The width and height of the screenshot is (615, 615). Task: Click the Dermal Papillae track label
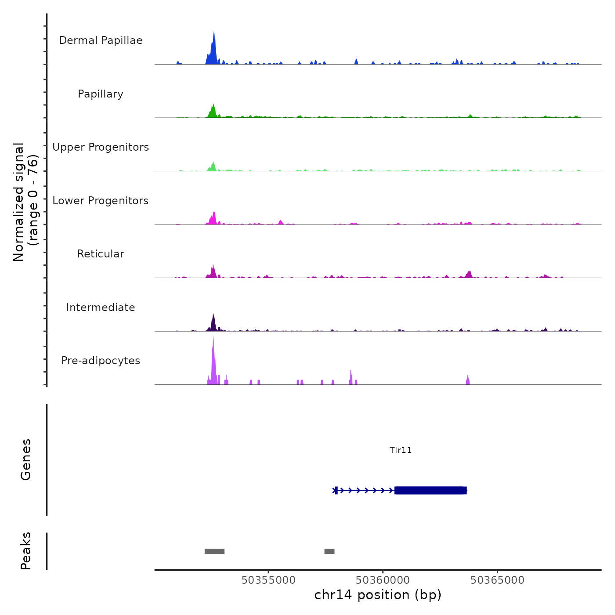[x=101, y=40]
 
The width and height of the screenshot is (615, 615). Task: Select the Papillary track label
[x=101, y=94]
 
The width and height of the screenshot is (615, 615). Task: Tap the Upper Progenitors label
[x=101, y=147]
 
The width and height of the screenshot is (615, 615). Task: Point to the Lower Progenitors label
[x=101, y=201]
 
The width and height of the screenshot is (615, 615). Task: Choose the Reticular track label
[x=101, y=254]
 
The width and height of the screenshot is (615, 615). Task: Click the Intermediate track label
[x=101, y=307]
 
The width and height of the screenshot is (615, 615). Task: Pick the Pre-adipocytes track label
[x=101, y=361]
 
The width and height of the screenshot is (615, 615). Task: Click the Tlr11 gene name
[x=401, y=450]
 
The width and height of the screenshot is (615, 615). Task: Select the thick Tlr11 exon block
[x=430, y=490]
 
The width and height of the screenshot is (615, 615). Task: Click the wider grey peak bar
[x=214, y=551]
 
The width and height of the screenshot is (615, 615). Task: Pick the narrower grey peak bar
[x=329, y=551]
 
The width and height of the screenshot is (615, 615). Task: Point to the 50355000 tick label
[x=268, y=580]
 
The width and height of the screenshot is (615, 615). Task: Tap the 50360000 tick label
[x=383, y=580]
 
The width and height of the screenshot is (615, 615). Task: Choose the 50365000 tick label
[x=497, y=580]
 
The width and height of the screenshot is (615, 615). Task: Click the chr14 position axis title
[x=378, y=595]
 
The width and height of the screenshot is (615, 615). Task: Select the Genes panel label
[x=26, y=459]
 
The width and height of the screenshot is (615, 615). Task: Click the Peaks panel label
[x=26, y=551]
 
